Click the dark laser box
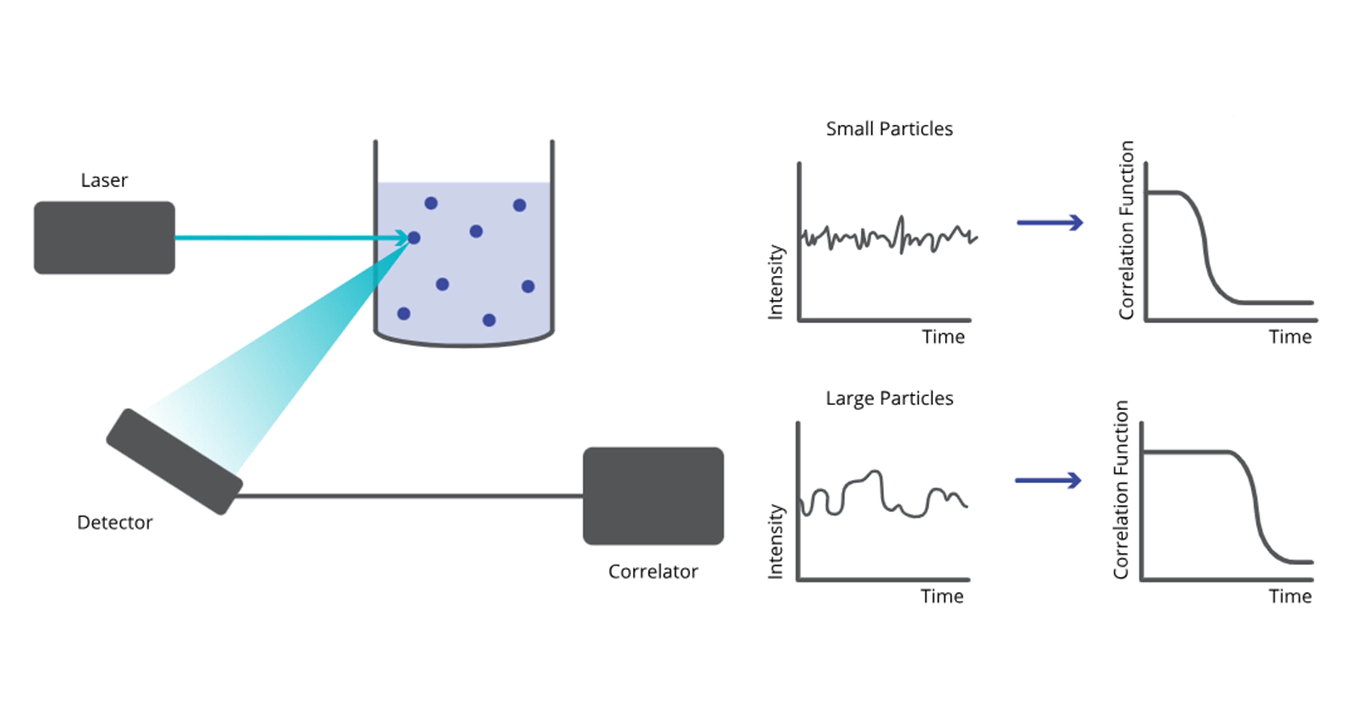[104, 238]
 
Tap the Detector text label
[115, 523]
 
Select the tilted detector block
[174, 461]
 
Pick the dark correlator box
[653, 495]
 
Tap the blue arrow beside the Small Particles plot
[1049, 223]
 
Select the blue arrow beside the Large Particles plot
[1048, 480]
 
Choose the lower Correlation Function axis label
[1121, 489]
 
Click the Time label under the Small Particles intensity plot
[943, 337]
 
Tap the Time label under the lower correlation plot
[1290, 596]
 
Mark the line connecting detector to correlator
[409, 496]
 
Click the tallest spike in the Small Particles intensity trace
[901, 218]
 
